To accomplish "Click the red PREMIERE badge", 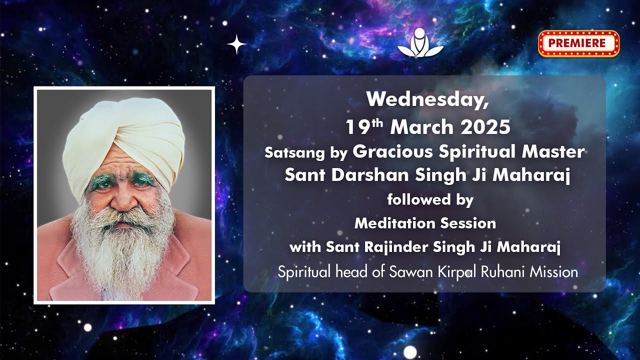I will tap(578, 43).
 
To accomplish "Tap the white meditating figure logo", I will tap(420, 42).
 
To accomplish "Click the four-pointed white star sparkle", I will tap(236, 44).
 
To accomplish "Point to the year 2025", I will tap(485, 127).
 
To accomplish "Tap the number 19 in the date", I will tap(356, 128).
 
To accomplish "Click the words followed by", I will tap(430, 200).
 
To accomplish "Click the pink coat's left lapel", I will tap(70, 265).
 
